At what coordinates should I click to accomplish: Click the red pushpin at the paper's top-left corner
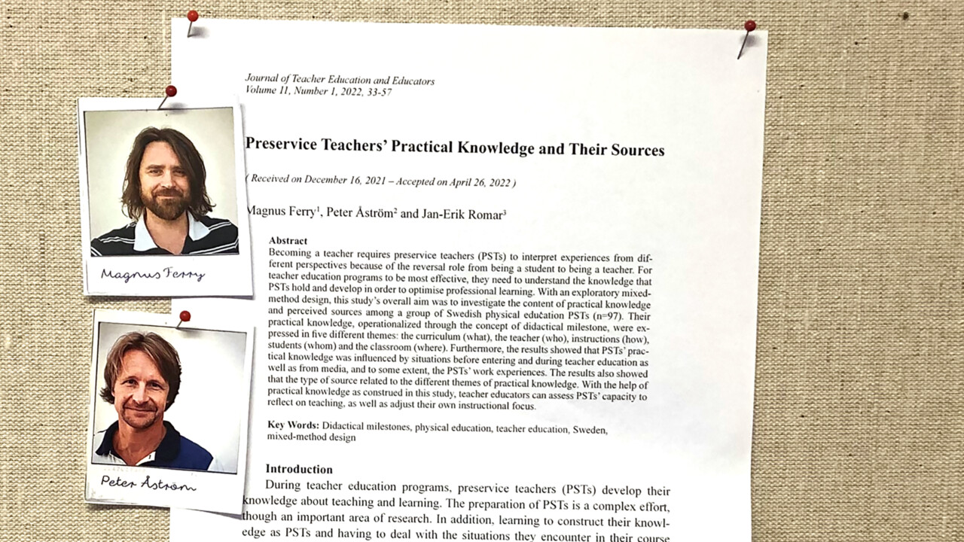click(193, 17)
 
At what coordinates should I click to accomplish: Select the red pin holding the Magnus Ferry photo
click(171, 91)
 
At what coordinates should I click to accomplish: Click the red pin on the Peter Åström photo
click(185, 316)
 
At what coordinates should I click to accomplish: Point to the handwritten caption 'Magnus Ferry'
click(152, 274)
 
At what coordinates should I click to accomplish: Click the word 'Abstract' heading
click(288, 241)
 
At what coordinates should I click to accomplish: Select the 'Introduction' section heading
click(299, 469)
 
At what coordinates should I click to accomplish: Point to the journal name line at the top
click(340, 81)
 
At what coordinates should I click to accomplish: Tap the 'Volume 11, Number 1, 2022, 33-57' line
click(319, 91)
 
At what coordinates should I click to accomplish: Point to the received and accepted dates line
click(380, 181)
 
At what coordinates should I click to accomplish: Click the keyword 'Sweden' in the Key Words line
click(589, 430)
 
